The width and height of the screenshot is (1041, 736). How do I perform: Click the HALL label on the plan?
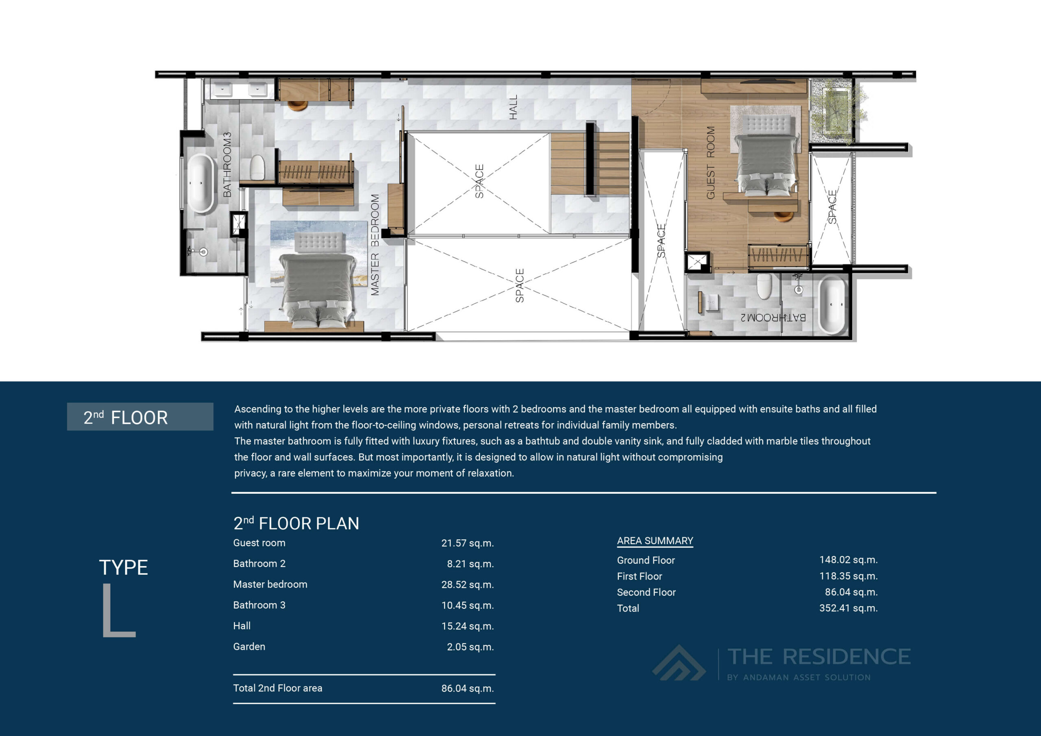click(x=513, y=107)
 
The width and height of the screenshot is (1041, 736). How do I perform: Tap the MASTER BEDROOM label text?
click(x=375, y=245)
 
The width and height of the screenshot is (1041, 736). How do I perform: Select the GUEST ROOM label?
click(x=710, y=163)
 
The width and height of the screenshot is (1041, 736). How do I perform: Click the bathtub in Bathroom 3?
click(x=201, y=184)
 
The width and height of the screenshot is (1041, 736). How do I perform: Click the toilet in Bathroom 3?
click(x=257, y=167)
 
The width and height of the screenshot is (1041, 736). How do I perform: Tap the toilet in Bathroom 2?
click(x=764, y=286)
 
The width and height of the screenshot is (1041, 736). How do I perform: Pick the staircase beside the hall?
click(x=589, y=163)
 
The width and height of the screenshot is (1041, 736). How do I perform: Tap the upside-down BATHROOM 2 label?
click(x=773, y=318)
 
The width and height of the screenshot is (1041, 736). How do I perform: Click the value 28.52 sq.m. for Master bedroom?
click(x=467, y=585)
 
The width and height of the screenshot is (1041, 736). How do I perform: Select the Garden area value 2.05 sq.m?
click(x=470, y=647)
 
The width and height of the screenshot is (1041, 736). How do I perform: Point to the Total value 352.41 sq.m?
click(x=848, y=608)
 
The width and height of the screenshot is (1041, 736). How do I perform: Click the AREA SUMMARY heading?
click(x=655, y=541)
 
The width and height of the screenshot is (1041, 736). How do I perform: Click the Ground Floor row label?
click(x=646, y=560)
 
